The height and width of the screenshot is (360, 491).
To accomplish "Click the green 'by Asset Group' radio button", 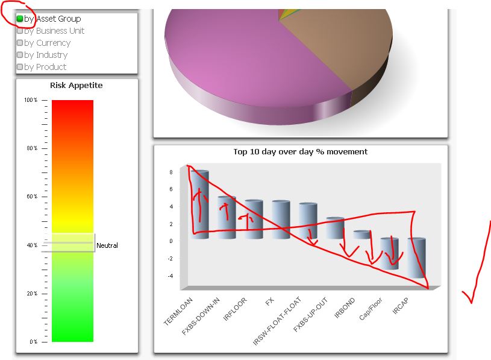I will pos(20,19).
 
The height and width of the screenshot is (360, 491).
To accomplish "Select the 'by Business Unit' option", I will pos(20,31).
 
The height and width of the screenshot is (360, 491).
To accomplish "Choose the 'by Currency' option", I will pos(20,43).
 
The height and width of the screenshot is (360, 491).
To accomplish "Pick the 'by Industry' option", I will pos(20,55).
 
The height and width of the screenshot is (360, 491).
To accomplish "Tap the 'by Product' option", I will pos(20,67).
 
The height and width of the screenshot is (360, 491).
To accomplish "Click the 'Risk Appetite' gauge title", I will pos(76,86).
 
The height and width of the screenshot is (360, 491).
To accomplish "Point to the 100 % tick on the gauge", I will pos(31,100).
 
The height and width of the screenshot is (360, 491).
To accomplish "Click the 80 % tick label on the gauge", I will pos(31,148).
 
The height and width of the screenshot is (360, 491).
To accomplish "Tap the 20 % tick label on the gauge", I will pos(31,294).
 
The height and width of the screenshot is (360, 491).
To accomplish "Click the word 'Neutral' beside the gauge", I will pos(107,245).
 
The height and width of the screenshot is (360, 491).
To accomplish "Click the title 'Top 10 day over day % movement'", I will pos(300,151).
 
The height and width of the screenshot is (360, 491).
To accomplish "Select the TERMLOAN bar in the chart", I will pos(200,205).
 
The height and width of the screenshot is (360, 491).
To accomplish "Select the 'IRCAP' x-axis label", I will pos(401,306).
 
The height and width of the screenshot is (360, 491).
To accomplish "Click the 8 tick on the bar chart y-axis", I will pos(171,172).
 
